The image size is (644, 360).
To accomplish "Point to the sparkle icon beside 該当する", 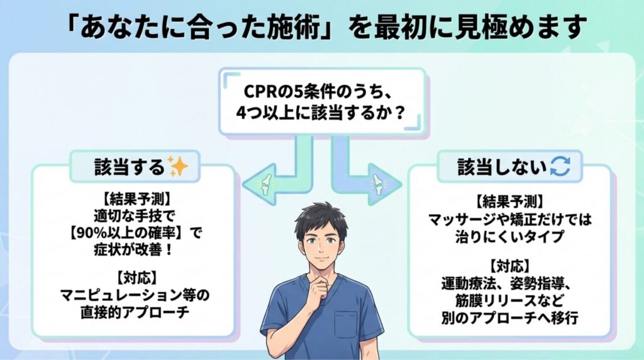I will point(179,167).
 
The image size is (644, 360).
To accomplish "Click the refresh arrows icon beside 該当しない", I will point(558,166).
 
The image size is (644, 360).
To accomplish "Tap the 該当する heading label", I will point(129,167).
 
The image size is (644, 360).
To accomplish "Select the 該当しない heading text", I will point(501,166).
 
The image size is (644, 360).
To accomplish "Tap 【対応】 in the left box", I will point(133,278).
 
